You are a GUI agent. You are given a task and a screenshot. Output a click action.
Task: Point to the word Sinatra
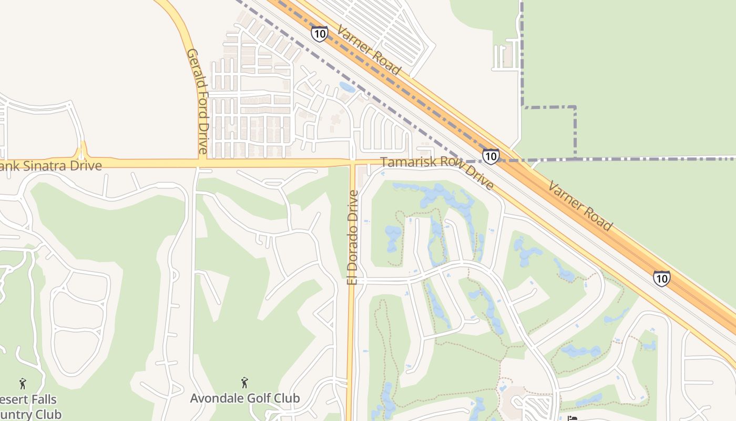[x=47, y=166]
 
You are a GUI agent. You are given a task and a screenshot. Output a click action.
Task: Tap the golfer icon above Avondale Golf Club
[x=244, y=382]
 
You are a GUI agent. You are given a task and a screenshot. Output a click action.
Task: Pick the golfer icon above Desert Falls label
[x=23, y=383]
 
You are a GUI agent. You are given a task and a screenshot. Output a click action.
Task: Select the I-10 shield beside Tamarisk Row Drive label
[x=490, y=156]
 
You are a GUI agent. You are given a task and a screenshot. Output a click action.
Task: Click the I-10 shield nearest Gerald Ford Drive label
[x=319, y=34]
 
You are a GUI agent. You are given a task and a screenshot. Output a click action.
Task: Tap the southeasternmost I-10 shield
[x=662, y=278]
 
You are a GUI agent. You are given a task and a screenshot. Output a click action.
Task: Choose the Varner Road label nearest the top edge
[x=369, y=51]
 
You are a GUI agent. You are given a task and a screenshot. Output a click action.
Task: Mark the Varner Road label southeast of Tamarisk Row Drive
[x=580, y=205]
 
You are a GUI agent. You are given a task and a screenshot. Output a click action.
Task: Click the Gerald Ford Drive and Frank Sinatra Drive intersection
[x=202, y=163]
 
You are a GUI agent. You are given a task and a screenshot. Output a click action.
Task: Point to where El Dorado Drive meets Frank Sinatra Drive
[x=352, y=163]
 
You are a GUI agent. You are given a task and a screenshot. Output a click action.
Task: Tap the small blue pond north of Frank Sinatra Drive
[x=347, y=87]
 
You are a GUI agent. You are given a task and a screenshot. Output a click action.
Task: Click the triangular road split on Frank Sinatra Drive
[x=81, y=154]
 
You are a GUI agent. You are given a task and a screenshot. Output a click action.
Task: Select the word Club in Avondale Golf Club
[x=285, y=398]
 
